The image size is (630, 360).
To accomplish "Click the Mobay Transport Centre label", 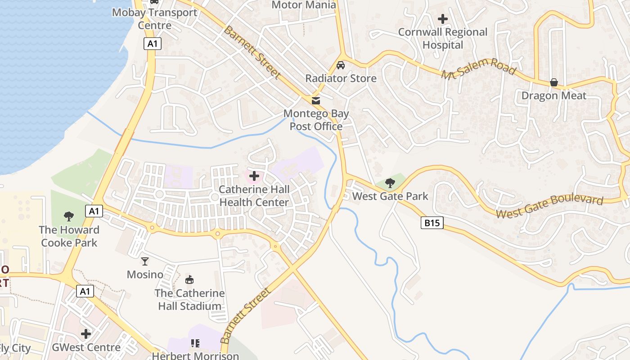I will pyautogui.click(x=154, y=19).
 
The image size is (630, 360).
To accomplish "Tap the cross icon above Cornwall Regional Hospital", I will pyautogui.click(x=443, y=19).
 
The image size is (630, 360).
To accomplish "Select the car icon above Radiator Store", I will pyautogui.click(x=341, y=65).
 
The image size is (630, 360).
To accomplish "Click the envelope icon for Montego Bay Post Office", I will pyautogui.click(x=316, y=100).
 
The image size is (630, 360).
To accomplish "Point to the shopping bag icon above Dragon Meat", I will pyautogui.click(x=553, y=83).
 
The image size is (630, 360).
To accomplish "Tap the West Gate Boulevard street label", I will pyautogui.click(x=549, y=206).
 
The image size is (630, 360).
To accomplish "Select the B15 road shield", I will pyautogui.click(x=432, y=222).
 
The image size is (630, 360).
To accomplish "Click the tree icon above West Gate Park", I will pyautogui.click(x=390, y=183).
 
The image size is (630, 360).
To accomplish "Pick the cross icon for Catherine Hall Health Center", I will pyautogui.click(x=254, y=176).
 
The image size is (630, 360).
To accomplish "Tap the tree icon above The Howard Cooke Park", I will pyautogui.click(x=69, y=216).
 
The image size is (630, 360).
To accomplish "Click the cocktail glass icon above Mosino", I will pyautogui.click(x=145, y=261).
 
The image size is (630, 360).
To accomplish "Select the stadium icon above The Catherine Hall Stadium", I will pyautogui.click(x=189, y=280).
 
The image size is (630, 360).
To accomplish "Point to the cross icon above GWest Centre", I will pyautogui.click(x=86, y=334).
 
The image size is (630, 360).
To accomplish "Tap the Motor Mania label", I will pyautogui.click(x=304, y=5).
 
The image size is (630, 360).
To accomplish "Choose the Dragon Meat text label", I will pyautogui.click(x=553, y=96).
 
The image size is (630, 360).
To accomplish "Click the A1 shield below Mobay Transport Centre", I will pyautogui.click(x=153, y=44).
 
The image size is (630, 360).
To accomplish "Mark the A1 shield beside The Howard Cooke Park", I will pyautogui.click(x=94, y=211).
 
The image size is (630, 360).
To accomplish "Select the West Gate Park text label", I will pyautogui.click(x=390, y=196).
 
